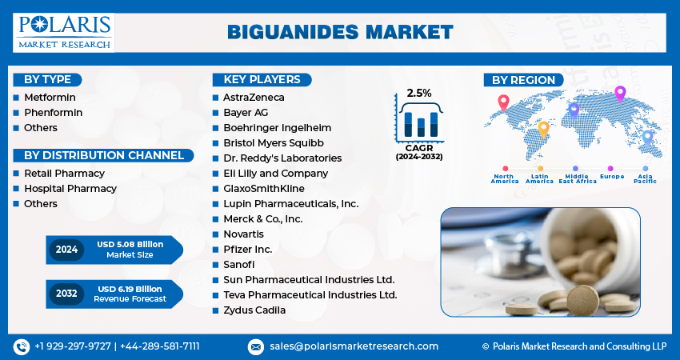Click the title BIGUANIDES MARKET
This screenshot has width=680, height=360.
point(340,32)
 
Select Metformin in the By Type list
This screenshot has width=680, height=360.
point(50,98)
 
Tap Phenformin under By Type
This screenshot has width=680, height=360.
point(53,113)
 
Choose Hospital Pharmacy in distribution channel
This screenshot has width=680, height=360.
point(70,189)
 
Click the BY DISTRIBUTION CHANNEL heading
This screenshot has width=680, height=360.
point(103,155)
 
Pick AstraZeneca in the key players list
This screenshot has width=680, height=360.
point(254,98)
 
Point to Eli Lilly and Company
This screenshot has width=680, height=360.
point(276,174)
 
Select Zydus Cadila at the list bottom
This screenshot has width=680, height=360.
point(254,310)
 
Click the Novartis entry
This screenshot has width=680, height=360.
point(245,234)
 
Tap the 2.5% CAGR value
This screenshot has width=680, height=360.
point(418,93)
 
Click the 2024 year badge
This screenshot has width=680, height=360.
point(66,250)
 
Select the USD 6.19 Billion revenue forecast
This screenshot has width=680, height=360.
point(130,288)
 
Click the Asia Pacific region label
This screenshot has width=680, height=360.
point(645,178)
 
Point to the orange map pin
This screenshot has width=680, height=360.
point(544,128)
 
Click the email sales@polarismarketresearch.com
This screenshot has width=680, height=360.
point(353,346)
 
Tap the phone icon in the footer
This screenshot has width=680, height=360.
point(22,346)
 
